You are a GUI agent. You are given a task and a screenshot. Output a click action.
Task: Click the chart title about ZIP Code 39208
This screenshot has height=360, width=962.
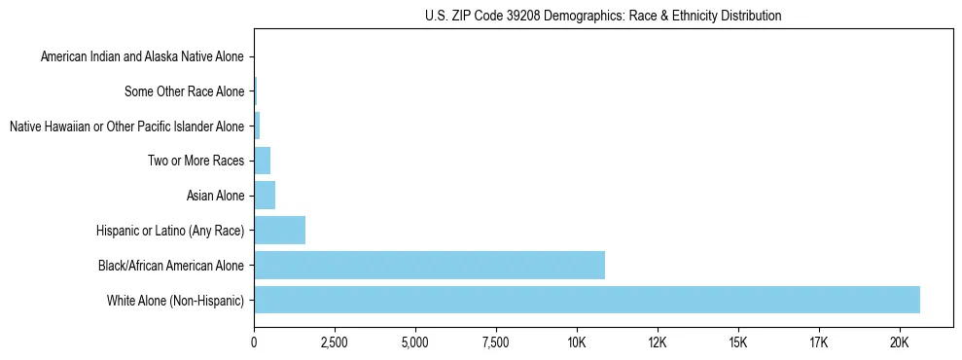click(x=603, y=16)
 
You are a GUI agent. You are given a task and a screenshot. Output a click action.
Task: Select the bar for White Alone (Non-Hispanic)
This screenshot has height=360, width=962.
click(x=587, y=300)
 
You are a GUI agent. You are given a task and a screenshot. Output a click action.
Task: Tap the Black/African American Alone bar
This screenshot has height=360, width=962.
click(x=429, y=265)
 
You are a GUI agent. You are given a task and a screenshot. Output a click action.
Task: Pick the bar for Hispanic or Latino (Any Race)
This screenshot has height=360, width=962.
click(x=279, y=231)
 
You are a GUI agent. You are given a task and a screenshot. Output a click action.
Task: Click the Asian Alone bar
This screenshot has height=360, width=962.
click(x=265, y=196)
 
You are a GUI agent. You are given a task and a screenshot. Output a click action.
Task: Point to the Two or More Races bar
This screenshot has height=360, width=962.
click(x=262, y=161)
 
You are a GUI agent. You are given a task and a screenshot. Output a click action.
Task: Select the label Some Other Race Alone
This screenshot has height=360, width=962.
click(x=184, y=92)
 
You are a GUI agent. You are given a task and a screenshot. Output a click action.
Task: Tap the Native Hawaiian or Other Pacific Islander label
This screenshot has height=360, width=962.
click(x=126, y=126)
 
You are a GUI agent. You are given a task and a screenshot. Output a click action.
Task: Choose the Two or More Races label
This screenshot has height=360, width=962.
click(x=196, y=161)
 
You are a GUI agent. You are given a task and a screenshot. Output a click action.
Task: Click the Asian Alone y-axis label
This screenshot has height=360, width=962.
click(x=215, y=196)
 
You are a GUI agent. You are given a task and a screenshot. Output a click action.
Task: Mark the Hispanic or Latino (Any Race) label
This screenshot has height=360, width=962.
click(x=170, y=231)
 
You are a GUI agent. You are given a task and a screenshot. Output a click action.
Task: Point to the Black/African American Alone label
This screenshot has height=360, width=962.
click(x=171, y=265)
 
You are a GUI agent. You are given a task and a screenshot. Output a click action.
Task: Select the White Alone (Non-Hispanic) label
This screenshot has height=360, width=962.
click(x=176, y=300)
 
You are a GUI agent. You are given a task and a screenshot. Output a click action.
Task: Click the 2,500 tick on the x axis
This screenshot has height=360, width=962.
click(x=335, y=342)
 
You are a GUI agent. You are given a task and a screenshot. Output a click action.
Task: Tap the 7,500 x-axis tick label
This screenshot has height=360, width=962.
click(x=495, y=342)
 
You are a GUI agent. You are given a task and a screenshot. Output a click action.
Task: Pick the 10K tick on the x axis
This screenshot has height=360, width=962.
click(x=576, y=342)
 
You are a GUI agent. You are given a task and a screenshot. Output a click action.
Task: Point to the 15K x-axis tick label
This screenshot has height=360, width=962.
click(x=737, y=342)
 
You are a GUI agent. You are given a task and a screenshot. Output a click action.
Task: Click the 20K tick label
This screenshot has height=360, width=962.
click(x=899, y=342)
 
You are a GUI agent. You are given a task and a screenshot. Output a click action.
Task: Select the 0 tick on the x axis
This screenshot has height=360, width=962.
click(x=254, y=342)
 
